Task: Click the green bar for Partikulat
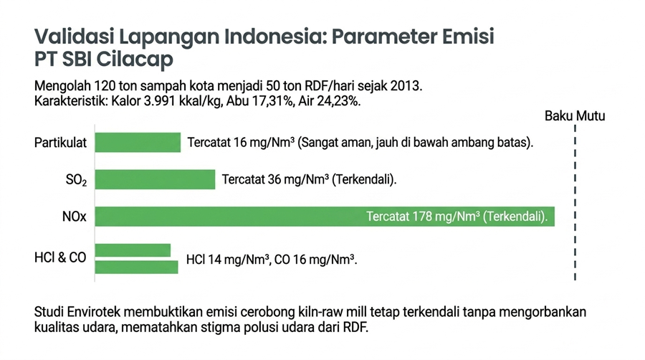coord(138,143)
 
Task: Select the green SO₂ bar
coord(155,179)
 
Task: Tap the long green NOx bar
coord(325,217)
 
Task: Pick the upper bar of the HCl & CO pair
coord(133,250)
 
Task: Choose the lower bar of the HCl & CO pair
coord(137,267)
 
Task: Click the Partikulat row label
coord(60,143)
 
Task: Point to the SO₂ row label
coord(77,180)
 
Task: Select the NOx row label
coord(75,217)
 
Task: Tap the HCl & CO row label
coord(60,257)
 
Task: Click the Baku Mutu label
coord(575,116)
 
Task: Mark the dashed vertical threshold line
coord(575,202)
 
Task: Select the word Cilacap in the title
coord(135,60)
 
